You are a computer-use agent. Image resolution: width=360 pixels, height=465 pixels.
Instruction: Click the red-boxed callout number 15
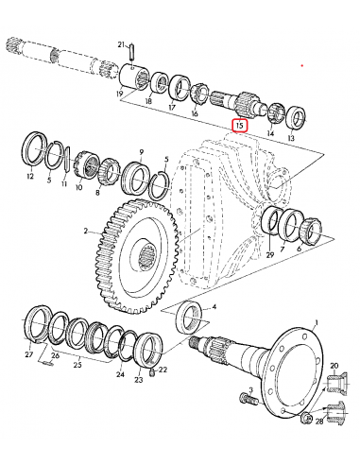(x=240, y=124)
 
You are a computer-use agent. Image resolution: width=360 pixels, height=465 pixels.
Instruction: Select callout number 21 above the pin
(x=121, y=45)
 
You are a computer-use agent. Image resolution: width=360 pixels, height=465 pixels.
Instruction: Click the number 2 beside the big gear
(x=86, y=230)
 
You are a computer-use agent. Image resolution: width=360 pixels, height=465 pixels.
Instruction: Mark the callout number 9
(x=141, y=151)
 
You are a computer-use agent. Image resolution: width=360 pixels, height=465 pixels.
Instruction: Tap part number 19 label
(x=119, y=95)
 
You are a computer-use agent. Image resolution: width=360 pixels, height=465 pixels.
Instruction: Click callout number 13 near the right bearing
(x=290, y=138)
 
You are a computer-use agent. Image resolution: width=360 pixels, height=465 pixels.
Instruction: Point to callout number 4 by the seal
(x=214, y=307)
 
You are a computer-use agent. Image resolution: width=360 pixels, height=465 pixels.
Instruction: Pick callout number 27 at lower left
(x=29, y=355)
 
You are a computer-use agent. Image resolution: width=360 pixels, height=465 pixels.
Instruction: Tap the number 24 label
(x=120, y=374)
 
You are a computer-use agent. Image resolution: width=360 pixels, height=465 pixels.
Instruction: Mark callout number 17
(x=171, y=107)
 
